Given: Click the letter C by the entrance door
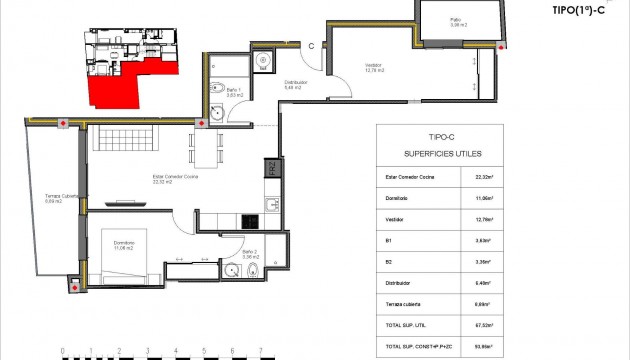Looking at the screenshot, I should (x=312, y=45).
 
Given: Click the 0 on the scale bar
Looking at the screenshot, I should (x=62, y=351).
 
